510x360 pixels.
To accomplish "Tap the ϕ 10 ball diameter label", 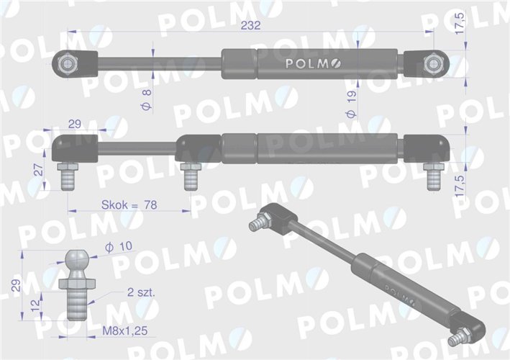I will click(x=118, y=247).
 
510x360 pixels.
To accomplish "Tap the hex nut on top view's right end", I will click(x=433, y=63).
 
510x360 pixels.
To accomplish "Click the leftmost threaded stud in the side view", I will click(x=68, y=177).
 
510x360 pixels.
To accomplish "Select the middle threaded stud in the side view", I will click(x=191, y=177).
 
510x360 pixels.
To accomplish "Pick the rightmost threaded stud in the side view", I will click(x=432, y=178).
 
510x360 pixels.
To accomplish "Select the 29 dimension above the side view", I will click(x=74, y=125).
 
